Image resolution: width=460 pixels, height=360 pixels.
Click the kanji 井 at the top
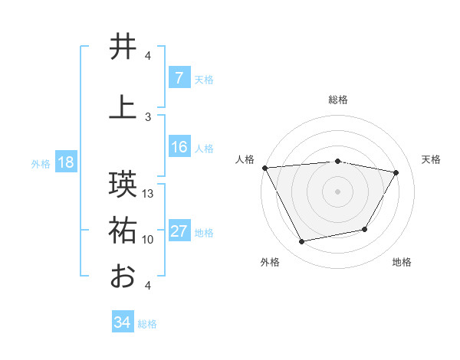(123, 47)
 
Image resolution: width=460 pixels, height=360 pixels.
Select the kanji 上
(123, 108)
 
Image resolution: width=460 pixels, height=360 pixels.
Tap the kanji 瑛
(123, 185)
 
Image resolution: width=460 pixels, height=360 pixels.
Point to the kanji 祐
(123, 231)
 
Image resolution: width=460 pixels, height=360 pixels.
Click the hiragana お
(123, 276)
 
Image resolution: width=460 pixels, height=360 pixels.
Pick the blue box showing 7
(179, 78)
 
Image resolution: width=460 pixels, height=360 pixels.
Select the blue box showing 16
(179, 147)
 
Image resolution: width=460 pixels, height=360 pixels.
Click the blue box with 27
(179, 232)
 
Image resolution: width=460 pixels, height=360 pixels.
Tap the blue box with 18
(65, 163)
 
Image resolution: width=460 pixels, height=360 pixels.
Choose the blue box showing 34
(123, 322)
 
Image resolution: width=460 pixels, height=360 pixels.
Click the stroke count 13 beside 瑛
(149, 194)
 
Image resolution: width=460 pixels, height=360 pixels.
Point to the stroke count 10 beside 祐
(148, 240)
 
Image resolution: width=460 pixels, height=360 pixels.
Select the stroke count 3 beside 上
(148, 116)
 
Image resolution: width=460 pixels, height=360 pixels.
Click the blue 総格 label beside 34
(147, 324)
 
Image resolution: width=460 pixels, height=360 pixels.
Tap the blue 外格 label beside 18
(41, 164)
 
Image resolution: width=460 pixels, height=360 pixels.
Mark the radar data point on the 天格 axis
(396, 172)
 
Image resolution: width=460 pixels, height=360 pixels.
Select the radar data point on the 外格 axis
(301, 242)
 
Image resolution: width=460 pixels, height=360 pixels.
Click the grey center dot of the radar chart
(337, 191)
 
